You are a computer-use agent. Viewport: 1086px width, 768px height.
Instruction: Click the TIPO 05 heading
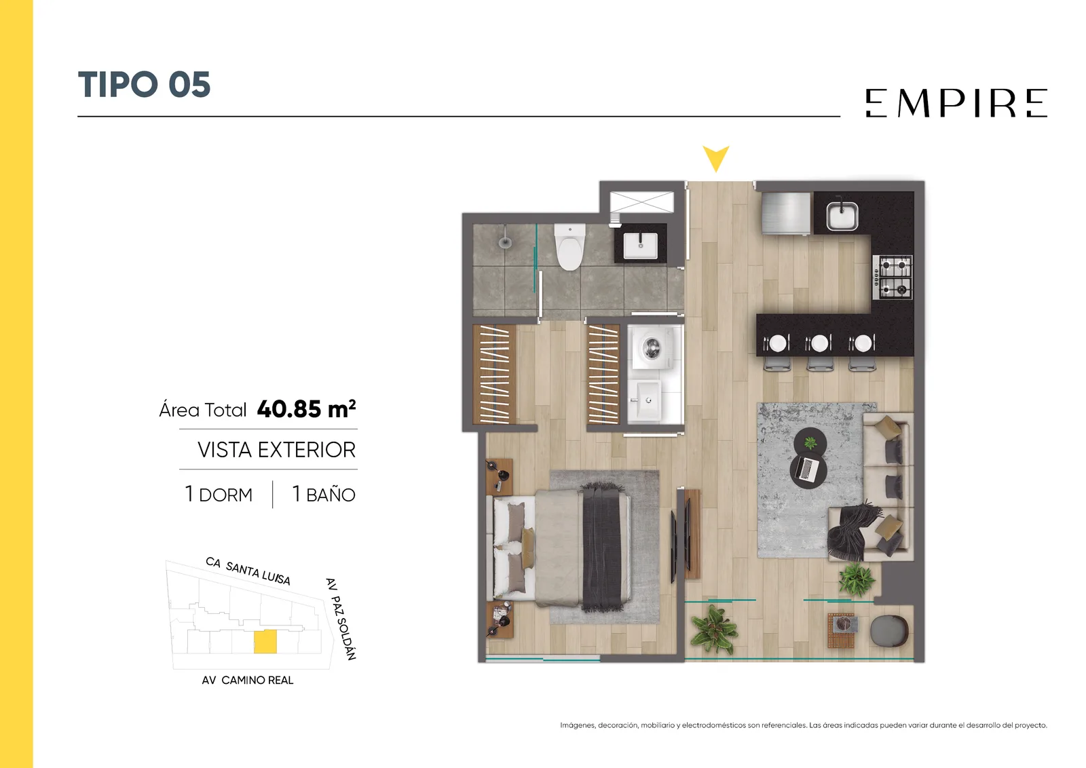pos(144,84)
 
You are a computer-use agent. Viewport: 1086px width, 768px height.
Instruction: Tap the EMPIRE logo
pos(956,102)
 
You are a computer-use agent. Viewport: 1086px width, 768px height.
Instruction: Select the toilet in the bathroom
pos(569,246)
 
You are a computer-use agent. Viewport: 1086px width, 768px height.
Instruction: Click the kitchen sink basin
pos(842,216)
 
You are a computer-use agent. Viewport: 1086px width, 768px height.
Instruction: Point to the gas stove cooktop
pos(893,277)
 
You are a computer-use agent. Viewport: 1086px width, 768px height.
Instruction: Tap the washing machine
pos(652,348)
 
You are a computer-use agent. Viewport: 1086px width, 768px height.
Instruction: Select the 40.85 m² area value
pos(306,409)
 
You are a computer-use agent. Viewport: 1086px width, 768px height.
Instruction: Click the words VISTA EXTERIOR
pos(276,450)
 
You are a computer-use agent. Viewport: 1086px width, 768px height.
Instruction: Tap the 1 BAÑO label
pos(324,494)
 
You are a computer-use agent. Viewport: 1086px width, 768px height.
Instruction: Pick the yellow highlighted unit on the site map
pos(265,642)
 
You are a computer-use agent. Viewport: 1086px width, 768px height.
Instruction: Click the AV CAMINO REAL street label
pos(247,680)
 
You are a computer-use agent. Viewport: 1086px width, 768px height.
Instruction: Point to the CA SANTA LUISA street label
pos(248,571)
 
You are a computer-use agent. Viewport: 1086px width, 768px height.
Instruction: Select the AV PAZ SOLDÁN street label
pos(341,619)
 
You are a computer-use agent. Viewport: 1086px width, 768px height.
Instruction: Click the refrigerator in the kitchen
pos(786,213)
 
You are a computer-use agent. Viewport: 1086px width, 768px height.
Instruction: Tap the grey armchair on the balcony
pos(889,631)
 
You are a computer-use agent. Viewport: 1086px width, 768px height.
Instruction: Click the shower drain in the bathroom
pos(505,242)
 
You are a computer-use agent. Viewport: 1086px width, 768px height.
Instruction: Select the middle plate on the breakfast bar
pos(819,343)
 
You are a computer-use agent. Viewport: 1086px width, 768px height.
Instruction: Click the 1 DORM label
pos(219,494)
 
